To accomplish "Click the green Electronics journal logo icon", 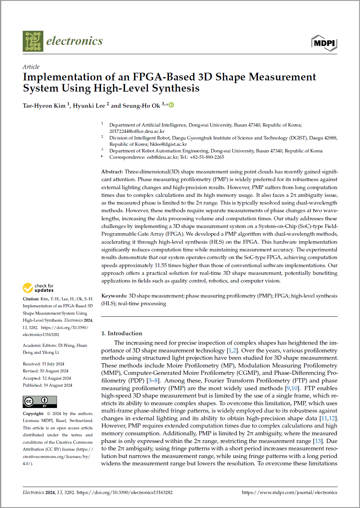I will pyautogui.click(x=33, y=41).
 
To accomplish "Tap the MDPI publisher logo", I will pyautogui.click(x=324, y=43).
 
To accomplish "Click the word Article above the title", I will pyautogui.click(x=31, y=67).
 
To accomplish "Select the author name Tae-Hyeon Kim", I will pyautogui.click(x=44, y=106).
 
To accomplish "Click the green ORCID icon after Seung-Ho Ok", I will pyautogui.click(x=171, y=105).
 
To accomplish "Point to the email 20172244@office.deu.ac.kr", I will pyautogui.click(x=137, y=131).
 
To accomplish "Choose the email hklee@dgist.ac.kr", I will pyautogui.click(x=168, y=144).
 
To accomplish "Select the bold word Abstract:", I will pyautogui.click(x=112, y=172).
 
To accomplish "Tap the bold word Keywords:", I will pyautogui.click(x=114, y=296).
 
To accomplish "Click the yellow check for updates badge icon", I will pyautogui.click(x=28, y=288).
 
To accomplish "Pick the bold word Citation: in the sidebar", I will pyautogui.click(x=31, y=299).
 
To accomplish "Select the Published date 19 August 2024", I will pyautogui.click(x=58, y=385).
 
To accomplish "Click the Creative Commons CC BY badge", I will pyautogui.click(x=40, y=402).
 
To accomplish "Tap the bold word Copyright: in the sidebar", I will pyautogui.click(x=34, y=414).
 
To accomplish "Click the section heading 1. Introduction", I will pyautogui.click(x=122, y=334).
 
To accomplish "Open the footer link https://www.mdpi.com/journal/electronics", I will pyautogui.click(x=289, y=492).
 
